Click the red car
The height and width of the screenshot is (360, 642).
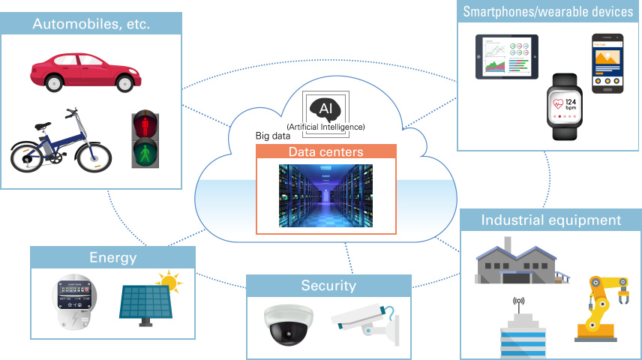point(85,70)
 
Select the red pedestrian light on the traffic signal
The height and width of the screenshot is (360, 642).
point(146,123)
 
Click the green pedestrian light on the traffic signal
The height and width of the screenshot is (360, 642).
point(146,154)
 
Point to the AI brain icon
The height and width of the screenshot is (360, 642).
point(325,109)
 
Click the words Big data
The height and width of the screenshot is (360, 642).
point(273,136)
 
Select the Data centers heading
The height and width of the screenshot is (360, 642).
point(325,152)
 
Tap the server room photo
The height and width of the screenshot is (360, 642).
point(325,196)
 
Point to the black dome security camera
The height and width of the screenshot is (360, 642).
point(287,323)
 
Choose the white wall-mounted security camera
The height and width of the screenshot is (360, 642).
point(364,319)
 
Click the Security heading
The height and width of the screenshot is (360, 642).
point(328,285)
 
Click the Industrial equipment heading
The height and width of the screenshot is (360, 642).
point(550,220)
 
